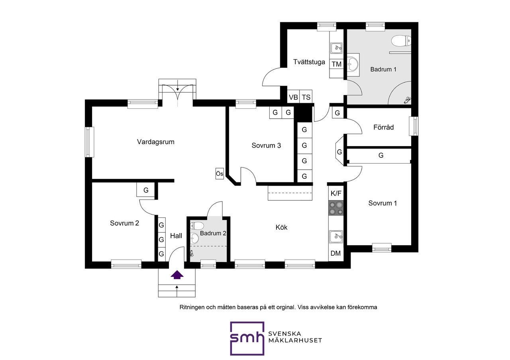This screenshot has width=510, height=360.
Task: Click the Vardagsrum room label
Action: pos(155,142)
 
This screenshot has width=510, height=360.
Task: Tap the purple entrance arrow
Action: pos(177,275)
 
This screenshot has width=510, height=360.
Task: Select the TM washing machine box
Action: pos(337,64)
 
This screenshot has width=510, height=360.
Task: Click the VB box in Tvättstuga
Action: pos(293,97)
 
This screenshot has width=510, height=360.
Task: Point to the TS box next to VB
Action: pos(306,97)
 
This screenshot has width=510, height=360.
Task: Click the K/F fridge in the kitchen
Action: pos(336,194)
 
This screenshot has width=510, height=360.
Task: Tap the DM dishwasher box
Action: pos(335,253)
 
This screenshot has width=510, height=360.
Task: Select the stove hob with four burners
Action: pos(336,208)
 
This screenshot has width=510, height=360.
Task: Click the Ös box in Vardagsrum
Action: pos(220,174)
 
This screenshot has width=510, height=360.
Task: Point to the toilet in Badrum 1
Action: pos(401,41)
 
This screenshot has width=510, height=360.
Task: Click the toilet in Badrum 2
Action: pos(197,226)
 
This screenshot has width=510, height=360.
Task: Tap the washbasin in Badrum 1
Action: pos(353,65)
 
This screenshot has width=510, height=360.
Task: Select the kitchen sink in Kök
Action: pos(336,237)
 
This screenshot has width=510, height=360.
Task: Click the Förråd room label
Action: pos(383,127)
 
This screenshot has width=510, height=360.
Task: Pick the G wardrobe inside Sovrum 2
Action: pos(146,190)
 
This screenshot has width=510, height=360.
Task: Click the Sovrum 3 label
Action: pos(266,146)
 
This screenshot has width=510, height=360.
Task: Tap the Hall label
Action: pos(176,236)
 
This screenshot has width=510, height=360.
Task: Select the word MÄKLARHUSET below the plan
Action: pos(295,340)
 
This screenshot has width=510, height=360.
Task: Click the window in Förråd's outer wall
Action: pos(414,126)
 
